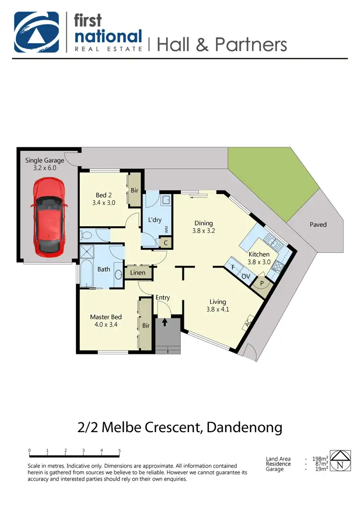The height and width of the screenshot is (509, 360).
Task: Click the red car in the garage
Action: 49,216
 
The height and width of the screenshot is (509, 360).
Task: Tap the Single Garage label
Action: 44,164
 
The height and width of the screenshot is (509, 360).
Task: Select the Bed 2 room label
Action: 104,199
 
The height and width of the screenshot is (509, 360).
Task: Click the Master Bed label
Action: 106,320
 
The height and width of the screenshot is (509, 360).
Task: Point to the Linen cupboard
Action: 138,273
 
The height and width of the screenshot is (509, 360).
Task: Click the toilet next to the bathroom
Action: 86,235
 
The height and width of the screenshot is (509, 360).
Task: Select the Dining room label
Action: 204,226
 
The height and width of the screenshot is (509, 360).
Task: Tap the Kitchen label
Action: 259,258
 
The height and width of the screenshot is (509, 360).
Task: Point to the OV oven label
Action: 245,276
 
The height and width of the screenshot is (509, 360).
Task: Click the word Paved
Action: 318,224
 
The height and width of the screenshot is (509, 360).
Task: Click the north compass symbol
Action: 339,462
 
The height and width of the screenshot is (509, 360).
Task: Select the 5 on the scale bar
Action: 119,451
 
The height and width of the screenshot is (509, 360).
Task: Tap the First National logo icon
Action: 36,32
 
